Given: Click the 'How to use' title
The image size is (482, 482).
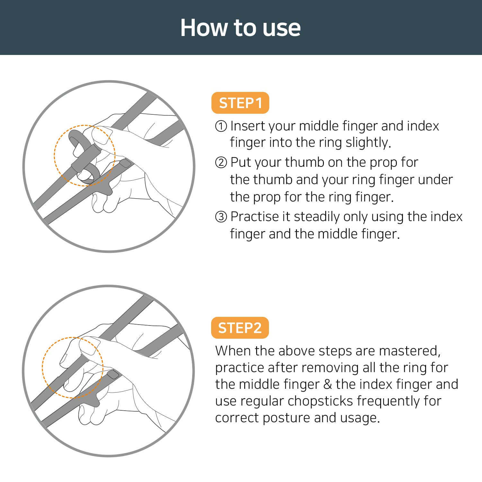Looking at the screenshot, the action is [x=240, y=28].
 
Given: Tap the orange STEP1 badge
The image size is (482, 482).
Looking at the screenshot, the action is [x=240, y=103].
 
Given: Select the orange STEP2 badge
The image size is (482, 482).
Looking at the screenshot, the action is [x=240, y=328].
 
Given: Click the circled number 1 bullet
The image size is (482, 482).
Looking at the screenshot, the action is [x=221, y=126].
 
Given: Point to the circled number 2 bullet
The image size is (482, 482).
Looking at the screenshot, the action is [x=221, y=163].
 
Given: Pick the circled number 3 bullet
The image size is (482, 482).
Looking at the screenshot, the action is [x=221, y=217].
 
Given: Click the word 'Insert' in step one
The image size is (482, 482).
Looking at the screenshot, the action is [x=248, y=126].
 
